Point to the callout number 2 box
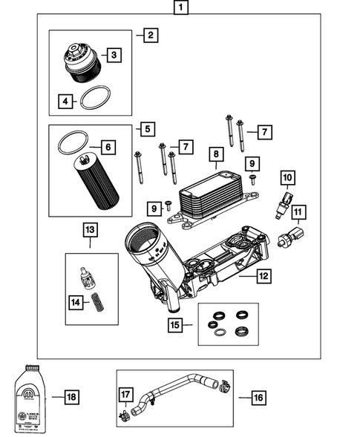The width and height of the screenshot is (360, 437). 151,35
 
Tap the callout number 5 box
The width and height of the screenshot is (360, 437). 148,129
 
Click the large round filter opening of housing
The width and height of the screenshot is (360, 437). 142,240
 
